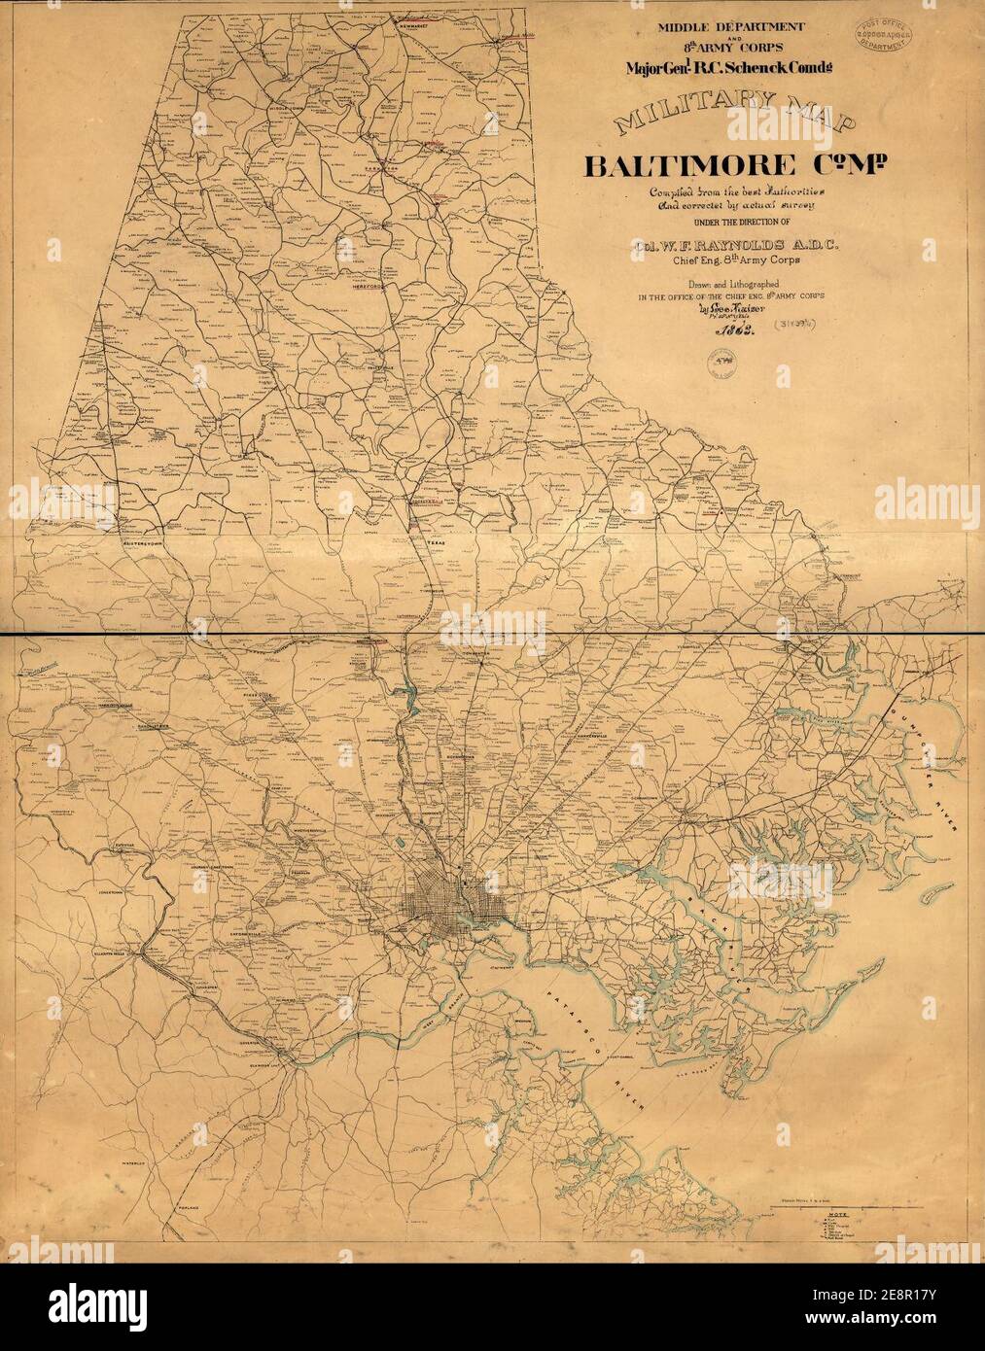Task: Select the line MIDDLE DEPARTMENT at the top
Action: pyautogui.click(x=718, y=28)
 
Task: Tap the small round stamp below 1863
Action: pyautogui.click(x=721, y=366)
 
